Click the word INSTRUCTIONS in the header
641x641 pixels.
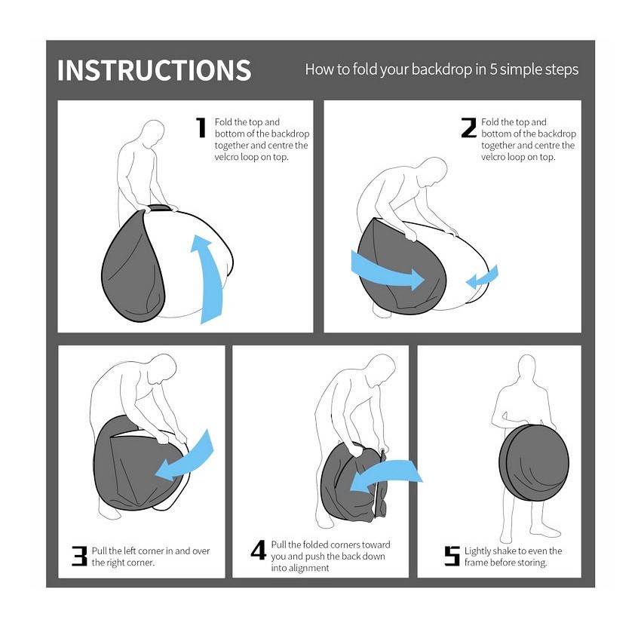tap(154, 70)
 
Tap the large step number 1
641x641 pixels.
tap(201, 127)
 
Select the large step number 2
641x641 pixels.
tap(468, 127)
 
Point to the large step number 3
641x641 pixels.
tap(79, 556)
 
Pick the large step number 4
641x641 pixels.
tap(259, 550)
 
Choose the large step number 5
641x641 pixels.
tap(452, 556)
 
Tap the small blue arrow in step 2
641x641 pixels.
tap(483, 278)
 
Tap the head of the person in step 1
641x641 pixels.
tap(152, 133)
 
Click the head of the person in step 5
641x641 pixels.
tap(526, 369)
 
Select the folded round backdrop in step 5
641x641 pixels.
tap(534, 462)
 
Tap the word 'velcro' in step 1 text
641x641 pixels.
tap(226, 157)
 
